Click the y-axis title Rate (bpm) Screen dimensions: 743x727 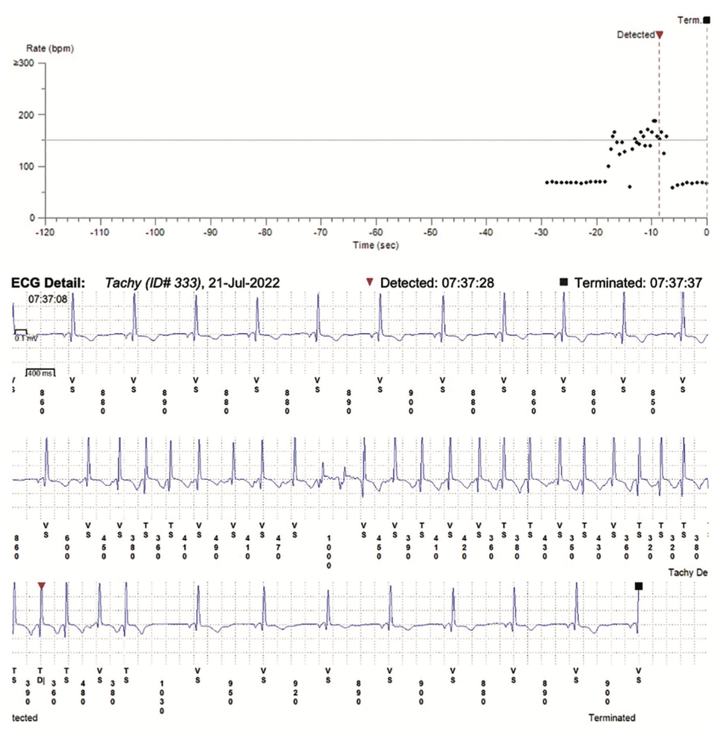click(x=50, y=48)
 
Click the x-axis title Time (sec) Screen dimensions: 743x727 click(x=376, y=245)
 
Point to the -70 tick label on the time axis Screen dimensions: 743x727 click(x=320, y=232)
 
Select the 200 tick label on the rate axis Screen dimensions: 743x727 click(x=26, y=115)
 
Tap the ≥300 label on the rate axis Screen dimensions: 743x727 click(x=24, y=63)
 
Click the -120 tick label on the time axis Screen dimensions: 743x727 click(x=45, y=232)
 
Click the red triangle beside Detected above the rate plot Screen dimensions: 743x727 click(x=660, y=36)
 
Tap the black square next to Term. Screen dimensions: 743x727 click(x=707, y=20)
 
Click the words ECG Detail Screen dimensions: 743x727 click(x=48, y=283)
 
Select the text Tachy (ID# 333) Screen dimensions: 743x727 click(x=153, y=283)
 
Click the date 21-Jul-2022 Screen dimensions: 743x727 click(x=244, y=283)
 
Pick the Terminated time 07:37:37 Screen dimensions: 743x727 click(x=669, y=283)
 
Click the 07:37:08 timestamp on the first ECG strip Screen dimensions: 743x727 click(x=48, y=299)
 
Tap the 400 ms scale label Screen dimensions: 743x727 click(x=40, y=373)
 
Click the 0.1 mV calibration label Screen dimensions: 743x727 click(x=25, y=338)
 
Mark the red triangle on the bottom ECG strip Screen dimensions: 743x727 click(x=42, y=586)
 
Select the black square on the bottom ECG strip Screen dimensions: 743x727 click(x=639, y=586)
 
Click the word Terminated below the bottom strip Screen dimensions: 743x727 click(x=611, y=718)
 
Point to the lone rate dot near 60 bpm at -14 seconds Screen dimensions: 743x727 click(x=630, y=187)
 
